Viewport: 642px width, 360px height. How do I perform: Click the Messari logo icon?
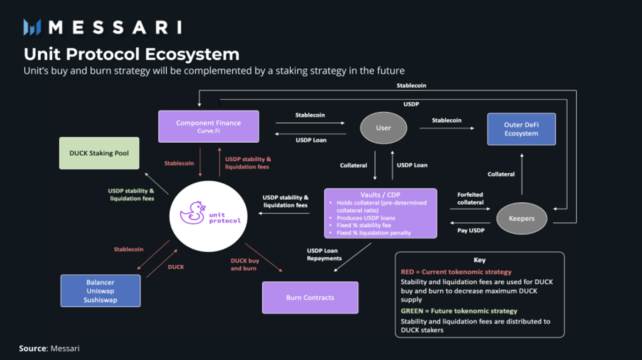point(33,28)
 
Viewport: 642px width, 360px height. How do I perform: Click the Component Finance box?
point(209,126)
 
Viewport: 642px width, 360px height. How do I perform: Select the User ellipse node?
point(383,128)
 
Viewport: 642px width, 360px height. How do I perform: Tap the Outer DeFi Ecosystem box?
point(521,129)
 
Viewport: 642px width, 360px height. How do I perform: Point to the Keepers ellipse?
point(521,218)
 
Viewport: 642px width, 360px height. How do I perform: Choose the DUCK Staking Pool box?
point(99,153)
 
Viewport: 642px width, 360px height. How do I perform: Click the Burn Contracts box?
point(310,298)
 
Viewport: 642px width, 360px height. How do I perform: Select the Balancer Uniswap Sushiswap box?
point(100,291)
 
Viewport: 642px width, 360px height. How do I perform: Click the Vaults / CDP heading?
point(380,194)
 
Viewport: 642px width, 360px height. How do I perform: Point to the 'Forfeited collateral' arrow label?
point(470,198)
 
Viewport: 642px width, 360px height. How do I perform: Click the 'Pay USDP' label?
point(470,230)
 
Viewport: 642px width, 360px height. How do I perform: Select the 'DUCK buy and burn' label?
point(244,264)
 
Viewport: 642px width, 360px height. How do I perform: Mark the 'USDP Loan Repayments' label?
point(324,254)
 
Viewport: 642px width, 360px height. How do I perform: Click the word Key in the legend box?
point(479,260)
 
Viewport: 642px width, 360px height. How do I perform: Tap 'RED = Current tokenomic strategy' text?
point(456,272)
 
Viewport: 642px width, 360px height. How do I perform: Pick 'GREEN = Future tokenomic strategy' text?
point(459,311)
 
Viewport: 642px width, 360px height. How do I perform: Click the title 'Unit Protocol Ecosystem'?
point(132,54)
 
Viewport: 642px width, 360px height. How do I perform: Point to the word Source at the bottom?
point(33,349)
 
